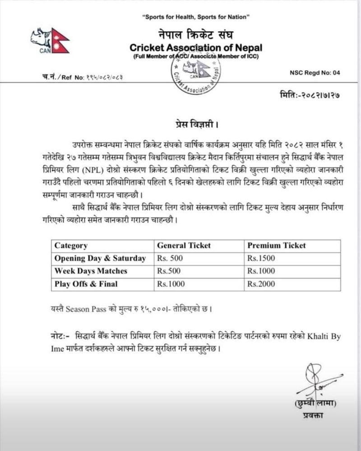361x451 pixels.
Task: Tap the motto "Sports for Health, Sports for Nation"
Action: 196,17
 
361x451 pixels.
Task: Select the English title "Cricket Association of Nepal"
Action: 196,47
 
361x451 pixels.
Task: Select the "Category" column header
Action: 71,246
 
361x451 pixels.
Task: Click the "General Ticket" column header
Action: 184,246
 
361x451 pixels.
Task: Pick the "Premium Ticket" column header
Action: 276,246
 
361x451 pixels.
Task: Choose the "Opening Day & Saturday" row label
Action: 100,259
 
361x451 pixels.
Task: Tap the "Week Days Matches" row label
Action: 91,271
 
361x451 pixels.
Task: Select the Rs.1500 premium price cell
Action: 261,259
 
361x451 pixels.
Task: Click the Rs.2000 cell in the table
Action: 261,284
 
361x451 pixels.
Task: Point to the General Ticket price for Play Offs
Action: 169,284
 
